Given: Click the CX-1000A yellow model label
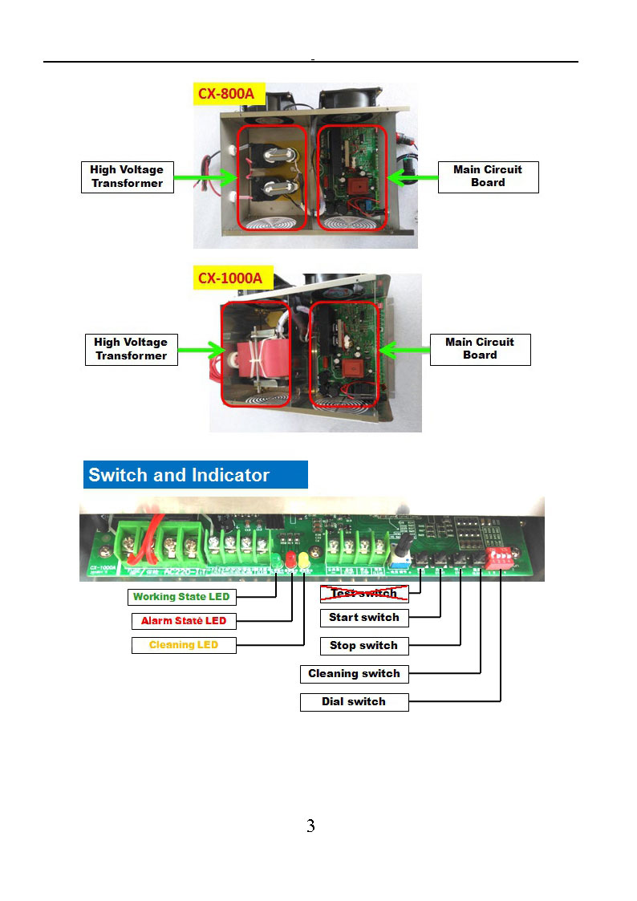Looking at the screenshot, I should (235, 278).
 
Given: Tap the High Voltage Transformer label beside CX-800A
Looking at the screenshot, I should (126, 177).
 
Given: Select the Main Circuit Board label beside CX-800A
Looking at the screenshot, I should (488, 176).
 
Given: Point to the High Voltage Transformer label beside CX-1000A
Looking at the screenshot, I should (131, 349).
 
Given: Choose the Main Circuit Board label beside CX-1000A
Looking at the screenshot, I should (480, 348).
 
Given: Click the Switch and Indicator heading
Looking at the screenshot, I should (195, 475).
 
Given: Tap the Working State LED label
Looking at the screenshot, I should (181, 597).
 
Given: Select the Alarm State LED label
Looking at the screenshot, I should (184, 621).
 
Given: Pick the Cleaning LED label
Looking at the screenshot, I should (184, 645).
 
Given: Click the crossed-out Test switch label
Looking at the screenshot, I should (364, 594).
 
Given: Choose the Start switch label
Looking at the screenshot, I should (364, 618).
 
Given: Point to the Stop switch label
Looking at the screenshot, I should (364, 646).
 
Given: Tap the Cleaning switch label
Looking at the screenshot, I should (354, 674).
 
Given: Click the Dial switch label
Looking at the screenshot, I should (354, 702).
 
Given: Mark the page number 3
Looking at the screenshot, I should (310, 826).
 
